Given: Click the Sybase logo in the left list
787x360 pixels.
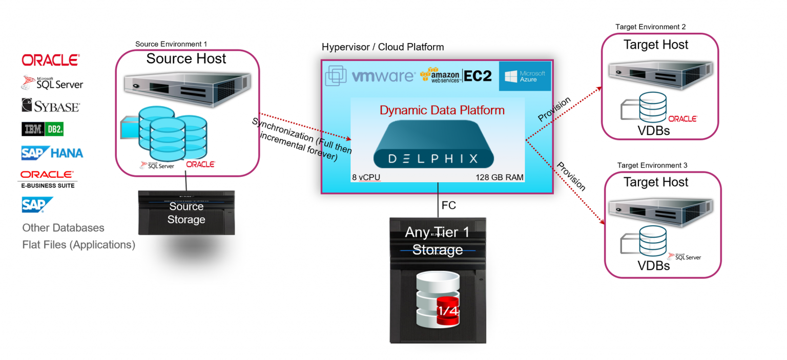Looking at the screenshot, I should pos(50,106).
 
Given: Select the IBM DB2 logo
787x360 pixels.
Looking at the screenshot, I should pos(43,129).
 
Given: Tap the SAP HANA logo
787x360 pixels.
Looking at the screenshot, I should pos(52,153).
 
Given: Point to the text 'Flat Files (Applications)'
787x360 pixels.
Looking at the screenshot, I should pos(78,245).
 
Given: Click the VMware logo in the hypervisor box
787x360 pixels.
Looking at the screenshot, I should pos(370,76).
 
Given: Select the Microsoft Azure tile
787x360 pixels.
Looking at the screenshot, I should pos(525,76).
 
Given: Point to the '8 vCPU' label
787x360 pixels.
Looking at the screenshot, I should pos(365,178).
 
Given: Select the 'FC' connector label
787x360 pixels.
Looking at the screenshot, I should pos(448,205).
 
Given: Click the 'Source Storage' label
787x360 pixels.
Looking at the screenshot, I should pos(186,213).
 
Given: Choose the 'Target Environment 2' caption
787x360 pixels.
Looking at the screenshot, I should pos(650,27).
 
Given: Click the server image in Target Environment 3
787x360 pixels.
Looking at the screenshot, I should pos(655,207).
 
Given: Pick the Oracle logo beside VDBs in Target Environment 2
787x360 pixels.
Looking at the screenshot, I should pos(682,119).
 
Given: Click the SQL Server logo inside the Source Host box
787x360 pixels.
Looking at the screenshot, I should pos(157,165).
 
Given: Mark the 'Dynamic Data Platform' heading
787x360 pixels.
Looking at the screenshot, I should pos(442,110).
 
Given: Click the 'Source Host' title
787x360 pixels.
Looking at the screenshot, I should pos(186,59).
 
